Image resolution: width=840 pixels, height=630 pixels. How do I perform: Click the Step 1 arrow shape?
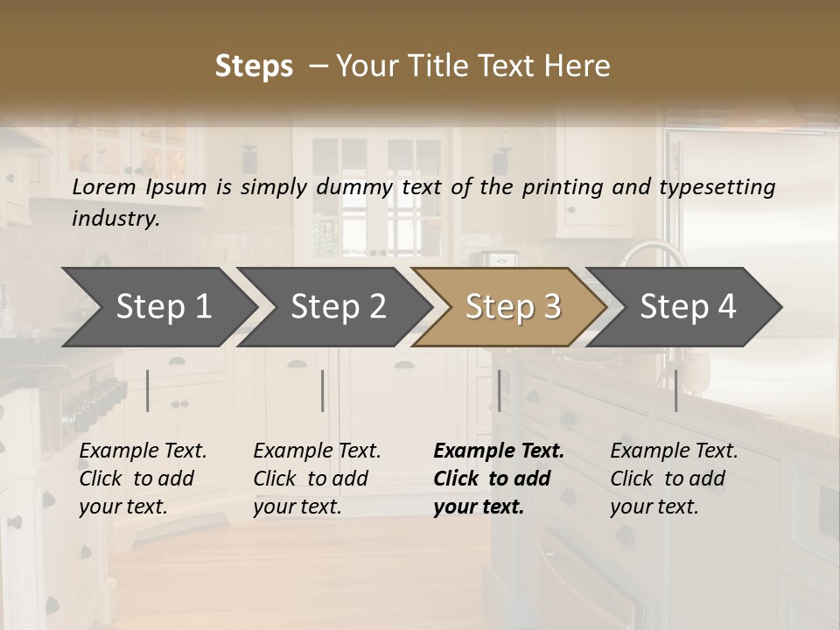157,307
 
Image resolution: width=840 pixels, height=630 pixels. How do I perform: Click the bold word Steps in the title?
254,66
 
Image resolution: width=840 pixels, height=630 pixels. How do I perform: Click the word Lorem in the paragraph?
103,186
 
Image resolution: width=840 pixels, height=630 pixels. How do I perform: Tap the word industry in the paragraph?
115,218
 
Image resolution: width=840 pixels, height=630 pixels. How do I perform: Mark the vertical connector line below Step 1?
148,390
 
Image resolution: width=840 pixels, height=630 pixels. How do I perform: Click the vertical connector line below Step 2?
323,390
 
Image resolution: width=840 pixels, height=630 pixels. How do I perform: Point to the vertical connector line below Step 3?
499,390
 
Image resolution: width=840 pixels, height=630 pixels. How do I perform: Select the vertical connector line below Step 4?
675,390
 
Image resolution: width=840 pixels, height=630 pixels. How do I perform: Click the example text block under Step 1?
143,479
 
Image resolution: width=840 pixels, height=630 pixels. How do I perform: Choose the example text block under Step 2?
317,479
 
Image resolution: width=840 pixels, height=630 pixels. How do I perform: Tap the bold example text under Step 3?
498,479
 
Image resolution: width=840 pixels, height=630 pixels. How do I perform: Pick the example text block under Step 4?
674,479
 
